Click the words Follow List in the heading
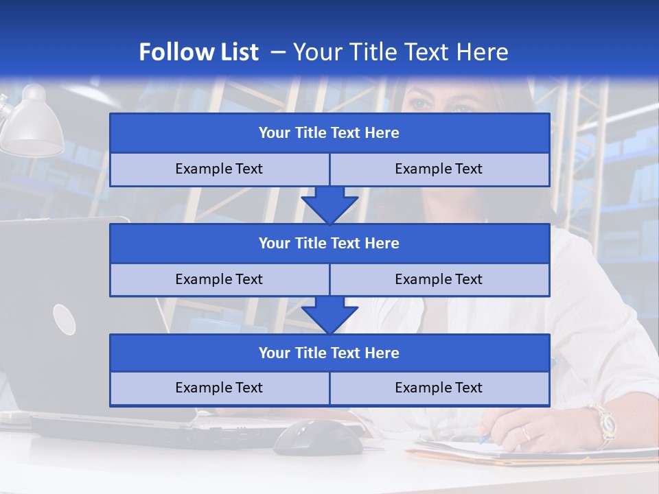click(198, 52)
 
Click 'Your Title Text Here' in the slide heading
click(400, 52)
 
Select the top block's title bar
click(329, 133)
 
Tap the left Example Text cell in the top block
click(219, 169)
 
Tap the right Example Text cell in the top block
click(439, 169)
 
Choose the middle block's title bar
click(329, 243)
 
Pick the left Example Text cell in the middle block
click(219, 279)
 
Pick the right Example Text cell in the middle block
click(439, 279)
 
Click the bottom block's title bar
click(329, 353)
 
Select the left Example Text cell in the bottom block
click(219, 388)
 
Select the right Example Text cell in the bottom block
click(439, 388)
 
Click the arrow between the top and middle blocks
click(329, 205)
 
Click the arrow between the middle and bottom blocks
click(329, 315)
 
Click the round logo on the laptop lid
click(64, 319)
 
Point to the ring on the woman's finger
click(525, 432)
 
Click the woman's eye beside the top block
click(420, 105)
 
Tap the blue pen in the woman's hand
click(485, 439)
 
